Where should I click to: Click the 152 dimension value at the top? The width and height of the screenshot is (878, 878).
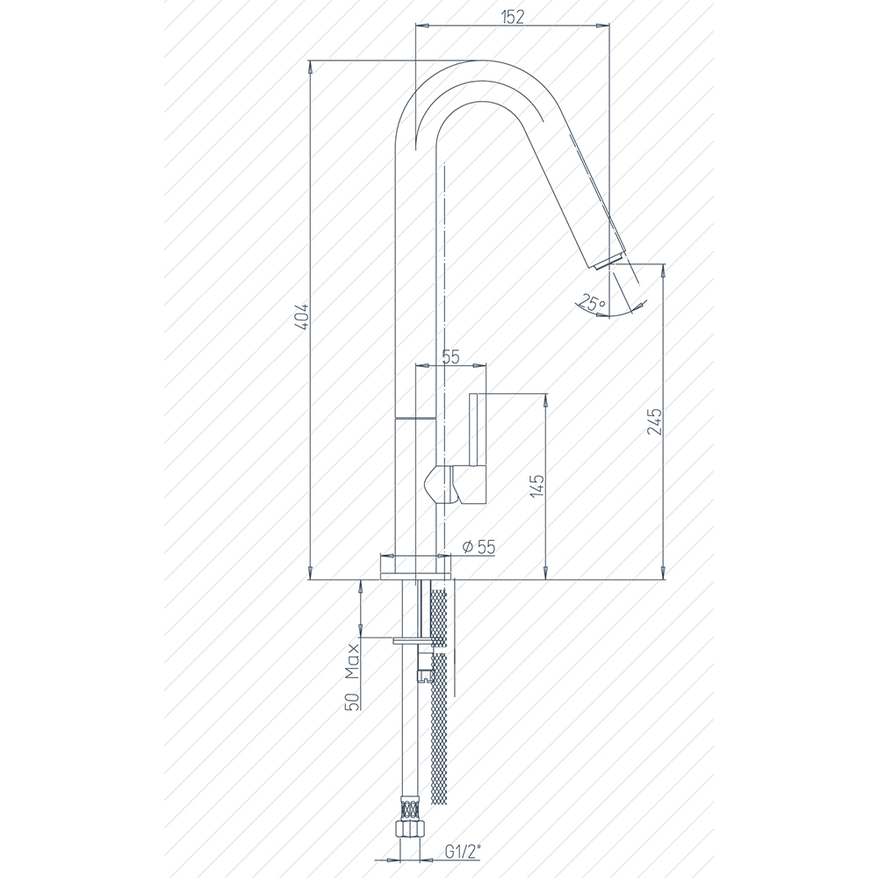tap(513, 18)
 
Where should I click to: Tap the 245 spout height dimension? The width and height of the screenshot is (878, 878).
tap(654, 421)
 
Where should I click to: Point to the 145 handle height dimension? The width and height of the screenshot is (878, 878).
tap(536, 486)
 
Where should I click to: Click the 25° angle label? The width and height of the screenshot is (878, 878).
tap(593, 304)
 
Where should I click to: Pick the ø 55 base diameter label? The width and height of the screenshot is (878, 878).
tap(479, 546)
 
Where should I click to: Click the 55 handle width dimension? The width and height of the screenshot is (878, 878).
tap(450, 356)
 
